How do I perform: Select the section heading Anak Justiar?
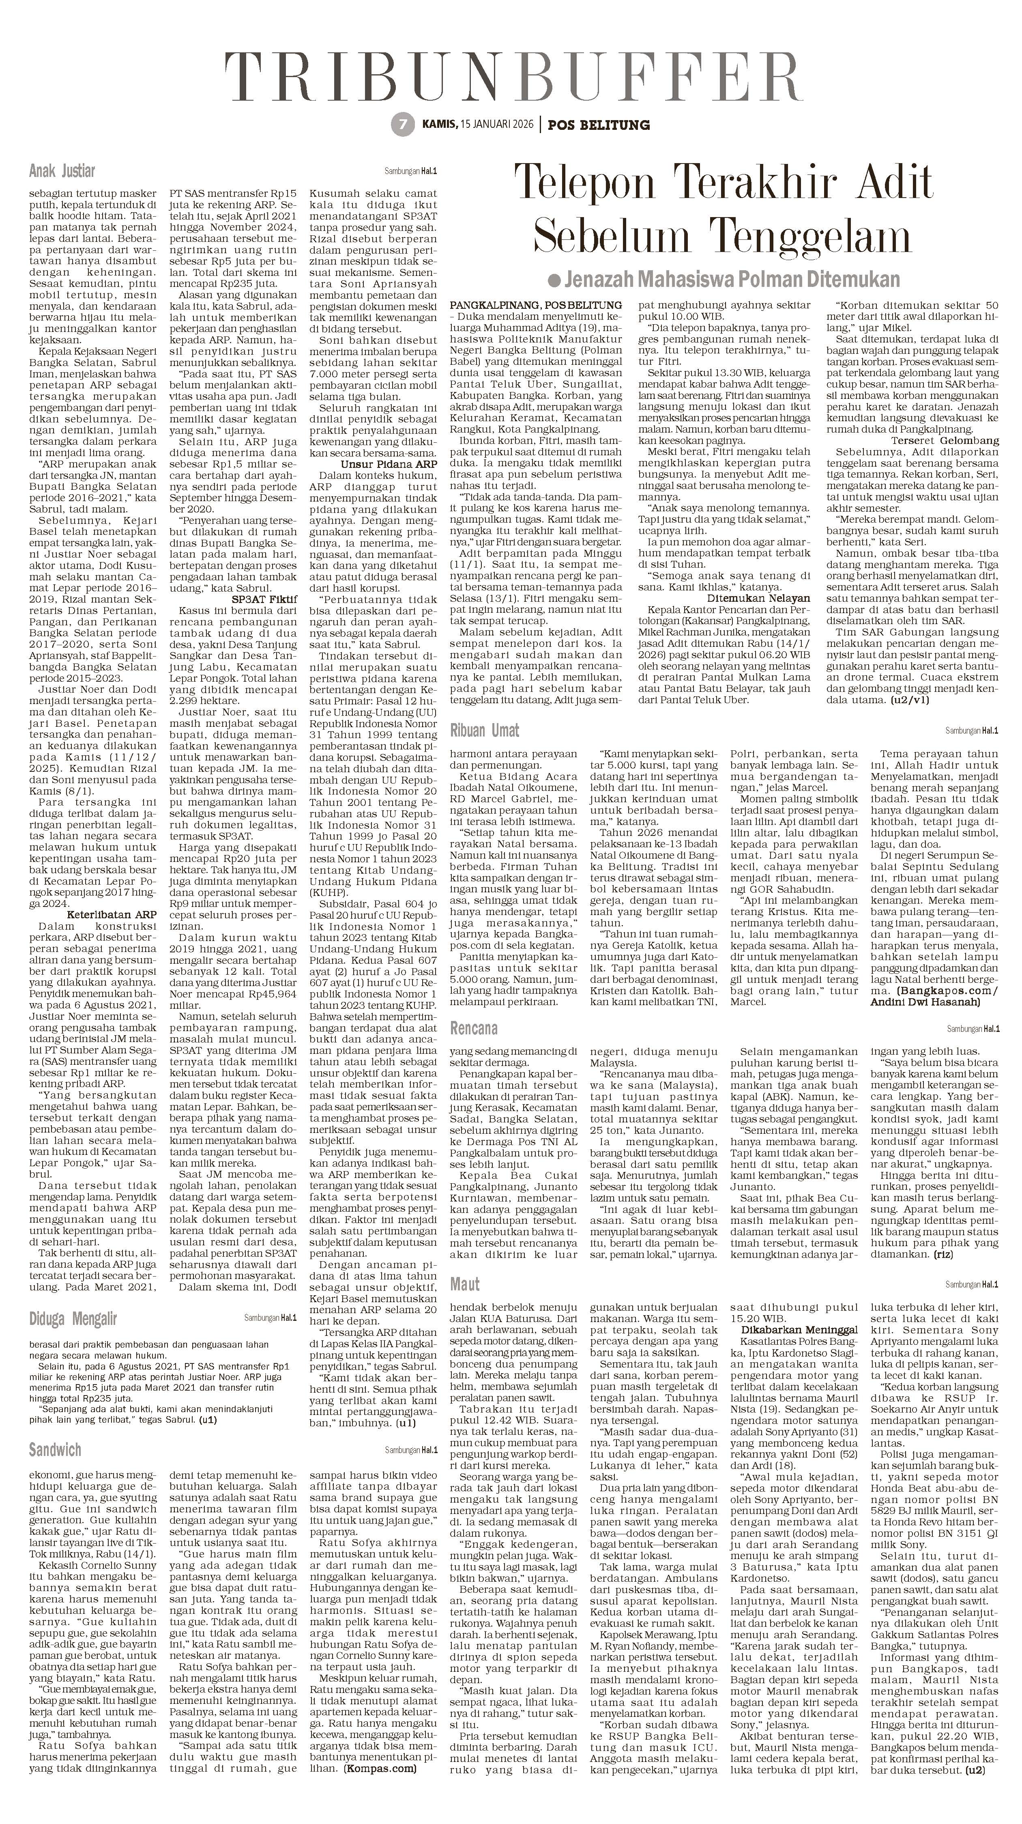[62, 171]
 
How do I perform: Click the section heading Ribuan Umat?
[485, 730]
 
